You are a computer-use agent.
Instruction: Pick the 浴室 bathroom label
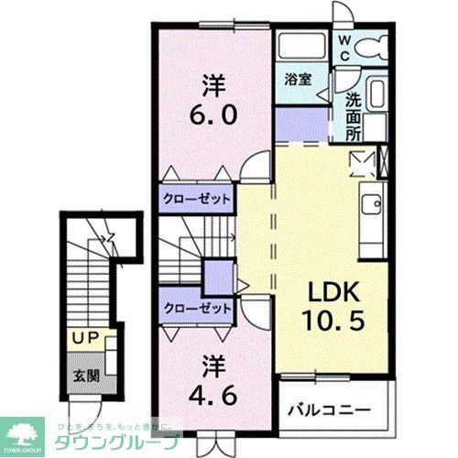coord(298,81)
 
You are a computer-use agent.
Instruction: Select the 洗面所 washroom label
coord(354,115)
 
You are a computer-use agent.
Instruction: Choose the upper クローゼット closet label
coord(197,198)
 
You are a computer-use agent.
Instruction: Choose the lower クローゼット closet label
coord(197,310)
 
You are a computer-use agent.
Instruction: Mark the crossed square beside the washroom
coord(362,162)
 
